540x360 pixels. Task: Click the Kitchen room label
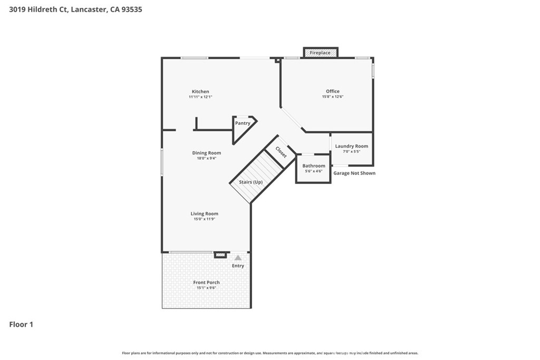pos(200,92)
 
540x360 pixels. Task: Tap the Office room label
pos(332,91)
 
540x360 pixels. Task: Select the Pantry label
pos(243,123)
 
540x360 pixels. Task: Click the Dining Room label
pos(206,153)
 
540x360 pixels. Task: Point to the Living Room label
pos(204,213)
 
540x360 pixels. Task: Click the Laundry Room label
pos(351,146)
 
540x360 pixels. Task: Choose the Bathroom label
pos(313,166)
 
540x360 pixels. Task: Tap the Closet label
pos(281,152)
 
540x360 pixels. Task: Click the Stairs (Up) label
pos(250,182)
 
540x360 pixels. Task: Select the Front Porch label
pos(206,283)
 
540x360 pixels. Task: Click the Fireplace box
pos(320,53)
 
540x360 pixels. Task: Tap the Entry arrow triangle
pos(238,258)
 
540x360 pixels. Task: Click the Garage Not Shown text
pos(354,173)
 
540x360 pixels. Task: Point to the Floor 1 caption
pos(21,325)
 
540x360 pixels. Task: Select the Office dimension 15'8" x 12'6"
pos(332,97)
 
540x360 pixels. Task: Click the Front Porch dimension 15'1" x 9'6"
pos(206,288)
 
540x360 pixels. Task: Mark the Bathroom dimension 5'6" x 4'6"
pos(313,171)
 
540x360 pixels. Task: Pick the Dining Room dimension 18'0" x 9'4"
pos(206,158)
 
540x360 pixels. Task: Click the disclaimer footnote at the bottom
pos(270,353)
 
